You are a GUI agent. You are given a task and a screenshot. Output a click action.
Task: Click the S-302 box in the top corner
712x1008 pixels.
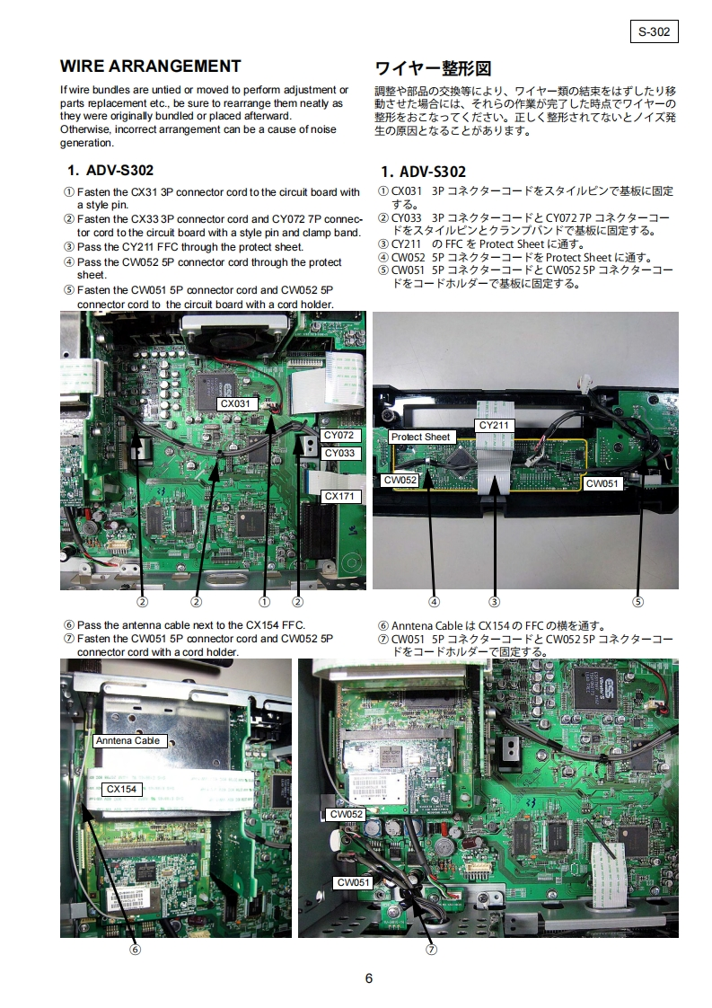click(655, 31)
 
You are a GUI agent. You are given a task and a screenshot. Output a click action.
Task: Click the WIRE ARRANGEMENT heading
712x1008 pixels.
click(150, 66)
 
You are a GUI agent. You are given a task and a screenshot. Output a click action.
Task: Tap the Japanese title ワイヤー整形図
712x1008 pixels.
click(433, 68)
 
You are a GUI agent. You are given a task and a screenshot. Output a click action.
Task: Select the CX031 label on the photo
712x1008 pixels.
click(236, 403)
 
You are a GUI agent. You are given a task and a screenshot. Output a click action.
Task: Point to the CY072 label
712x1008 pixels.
click(339, 435)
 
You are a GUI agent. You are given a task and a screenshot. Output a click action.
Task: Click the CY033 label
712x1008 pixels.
click(339, 453)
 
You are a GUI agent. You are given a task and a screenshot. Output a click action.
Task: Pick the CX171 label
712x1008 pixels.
click(339, 496)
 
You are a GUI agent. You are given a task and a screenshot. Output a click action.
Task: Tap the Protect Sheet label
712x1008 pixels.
click(420, 438)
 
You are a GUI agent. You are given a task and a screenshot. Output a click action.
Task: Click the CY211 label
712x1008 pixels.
click(494, 425)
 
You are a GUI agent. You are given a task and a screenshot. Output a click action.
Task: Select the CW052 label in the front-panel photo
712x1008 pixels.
click(400, 481)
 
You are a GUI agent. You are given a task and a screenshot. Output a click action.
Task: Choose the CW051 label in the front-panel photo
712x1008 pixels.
click(602, 483)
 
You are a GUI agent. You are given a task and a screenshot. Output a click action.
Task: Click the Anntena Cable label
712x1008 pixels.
click(127, 740)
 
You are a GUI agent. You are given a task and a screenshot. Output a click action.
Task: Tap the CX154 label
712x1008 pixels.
click(121, 789)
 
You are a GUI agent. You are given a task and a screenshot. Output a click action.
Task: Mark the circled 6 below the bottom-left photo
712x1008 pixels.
click(135, 950)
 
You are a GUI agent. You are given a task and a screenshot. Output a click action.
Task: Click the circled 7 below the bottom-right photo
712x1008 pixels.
click(431, 950)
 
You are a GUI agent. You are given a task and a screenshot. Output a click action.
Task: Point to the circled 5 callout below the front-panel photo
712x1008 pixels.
click(637, 602)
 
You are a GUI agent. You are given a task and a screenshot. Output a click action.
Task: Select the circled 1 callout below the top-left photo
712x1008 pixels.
click(264, 602)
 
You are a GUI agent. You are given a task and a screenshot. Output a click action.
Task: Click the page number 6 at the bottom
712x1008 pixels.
click(369, 978)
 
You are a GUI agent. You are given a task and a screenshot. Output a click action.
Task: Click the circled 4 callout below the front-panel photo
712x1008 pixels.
click(435, 602)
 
